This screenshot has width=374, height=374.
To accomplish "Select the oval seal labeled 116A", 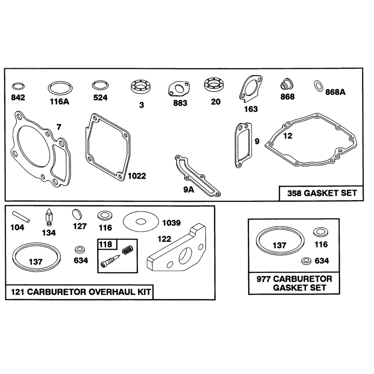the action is tap(60, 83).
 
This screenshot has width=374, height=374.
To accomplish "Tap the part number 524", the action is tap(100, 98).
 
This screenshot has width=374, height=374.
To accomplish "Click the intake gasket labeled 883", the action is tap(179, 94).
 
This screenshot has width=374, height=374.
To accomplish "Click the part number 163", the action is tap(251, 109).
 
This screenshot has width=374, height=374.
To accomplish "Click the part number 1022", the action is tap(137, 176).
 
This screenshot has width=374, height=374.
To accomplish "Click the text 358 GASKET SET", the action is tap(322, 193).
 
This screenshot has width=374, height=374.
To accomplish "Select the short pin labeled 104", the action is tap(21, 217).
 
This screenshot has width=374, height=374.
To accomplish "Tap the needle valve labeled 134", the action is tap(49, 217).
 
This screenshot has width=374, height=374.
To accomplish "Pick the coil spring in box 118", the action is tap(127, 250).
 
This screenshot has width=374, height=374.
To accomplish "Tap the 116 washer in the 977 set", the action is tap(321, 232).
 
